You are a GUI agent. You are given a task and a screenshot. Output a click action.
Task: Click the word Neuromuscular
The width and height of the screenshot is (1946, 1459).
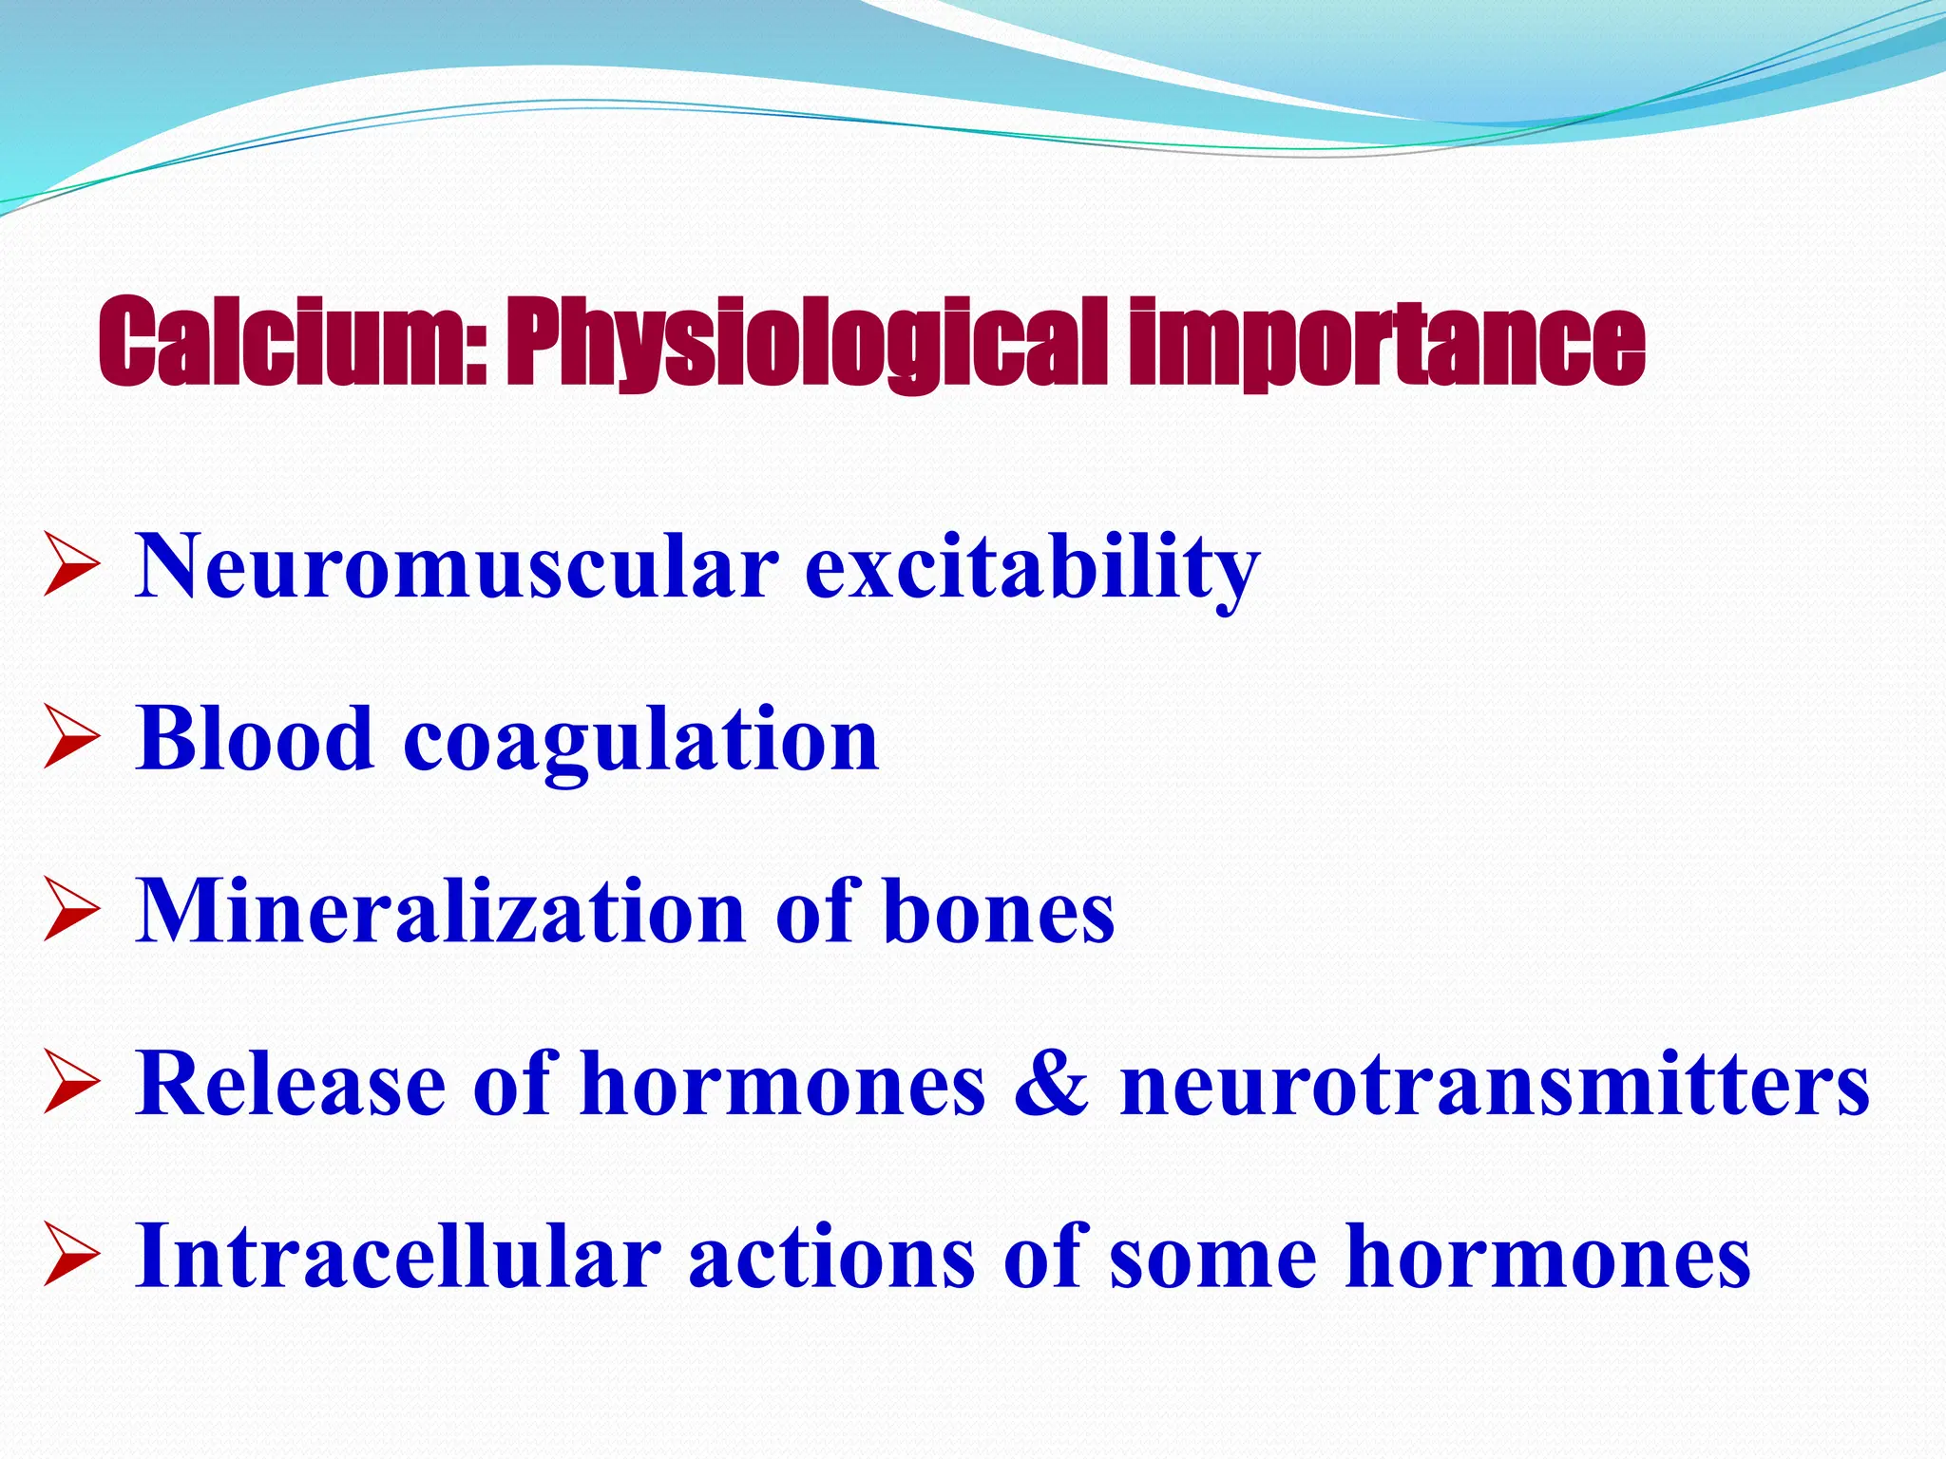(x=456, y=567)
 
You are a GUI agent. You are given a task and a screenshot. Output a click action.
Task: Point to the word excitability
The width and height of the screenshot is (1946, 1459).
(x=1032, y=567)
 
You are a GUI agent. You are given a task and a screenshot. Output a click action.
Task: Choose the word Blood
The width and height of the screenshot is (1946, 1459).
(x=254, y=739)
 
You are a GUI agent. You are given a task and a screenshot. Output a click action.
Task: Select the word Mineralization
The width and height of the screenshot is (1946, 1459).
(x=440, y=912)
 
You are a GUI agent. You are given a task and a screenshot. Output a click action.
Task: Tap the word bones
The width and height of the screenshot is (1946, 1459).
(x=999, y=912)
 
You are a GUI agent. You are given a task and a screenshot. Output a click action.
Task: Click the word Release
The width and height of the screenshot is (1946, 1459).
(x=290, y=1084)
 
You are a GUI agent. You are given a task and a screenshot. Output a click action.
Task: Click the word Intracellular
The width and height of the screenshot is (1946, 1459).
(x=397, y=1257)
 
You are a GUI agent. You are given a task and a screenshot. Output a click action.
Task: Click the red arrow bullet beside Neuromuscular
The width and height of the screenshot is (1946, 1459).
(x=71, y=567)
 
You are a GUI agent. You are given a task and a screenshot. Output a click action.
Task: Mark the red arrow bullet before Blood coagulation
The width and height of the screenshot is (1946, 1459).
(x=71, y=740)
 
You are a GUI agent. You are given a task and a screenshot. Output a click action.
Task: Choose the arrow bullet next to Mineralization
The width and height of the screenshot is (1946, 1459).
(x=71, y=913)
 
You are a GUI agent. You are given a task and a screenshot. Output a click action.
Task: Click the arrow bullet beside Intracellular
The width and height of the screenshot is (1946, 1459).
(x=71, y=1258)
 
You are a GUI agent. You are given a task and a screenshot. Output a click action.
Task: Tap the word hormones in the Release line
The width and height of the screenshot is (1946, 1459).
(x=783, y=1084)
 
